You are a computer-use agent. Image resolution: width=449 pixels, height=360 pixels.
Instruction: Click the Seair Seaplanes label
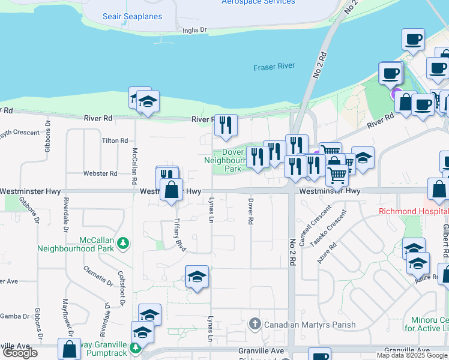pos(132,16)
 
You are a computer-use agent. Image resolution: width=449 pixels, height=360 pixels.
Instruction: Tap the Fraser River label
pos(274,67)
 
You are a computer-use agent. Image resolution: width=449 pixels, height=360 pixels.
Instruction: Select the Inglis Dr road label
pos(194,29)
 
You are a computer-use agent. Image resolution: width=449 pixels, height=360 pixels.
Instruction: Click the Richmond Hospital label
pos(413,212)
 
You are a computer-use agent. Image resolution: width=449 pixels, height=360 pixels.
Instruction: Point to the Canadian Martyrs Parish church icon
pos(255,325)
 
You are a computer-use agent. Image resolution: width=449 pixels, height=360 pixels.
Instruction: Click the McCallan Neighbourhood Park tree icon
pos(123,243)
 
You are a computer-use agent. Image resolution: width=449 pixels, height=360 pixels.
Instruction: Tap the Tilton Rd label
pos(115,140)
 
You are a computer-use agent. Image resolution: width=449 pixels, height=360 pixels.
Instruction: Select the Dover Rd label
pos(250,211)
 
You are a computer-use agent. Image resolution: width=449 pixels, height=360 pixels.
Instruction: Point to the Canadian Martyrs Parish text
pos(309,325)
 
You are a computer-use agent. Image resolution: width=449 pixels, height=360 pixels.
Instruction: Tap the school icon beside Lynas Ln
pos(197,277)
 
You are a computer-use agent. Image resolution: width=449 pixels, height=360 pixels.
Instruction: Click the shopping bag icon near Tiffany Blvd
pos(172,189)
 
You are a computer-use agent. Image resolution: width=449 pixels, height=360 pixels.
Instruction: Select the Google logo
pos(20,353)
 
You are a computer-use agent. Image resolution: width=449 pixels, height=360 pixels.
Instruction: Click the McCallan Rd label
pos(134,166)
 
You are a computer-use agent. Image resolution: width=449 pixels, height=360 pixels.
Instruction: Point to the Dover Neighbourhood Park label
pos(226,160)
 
